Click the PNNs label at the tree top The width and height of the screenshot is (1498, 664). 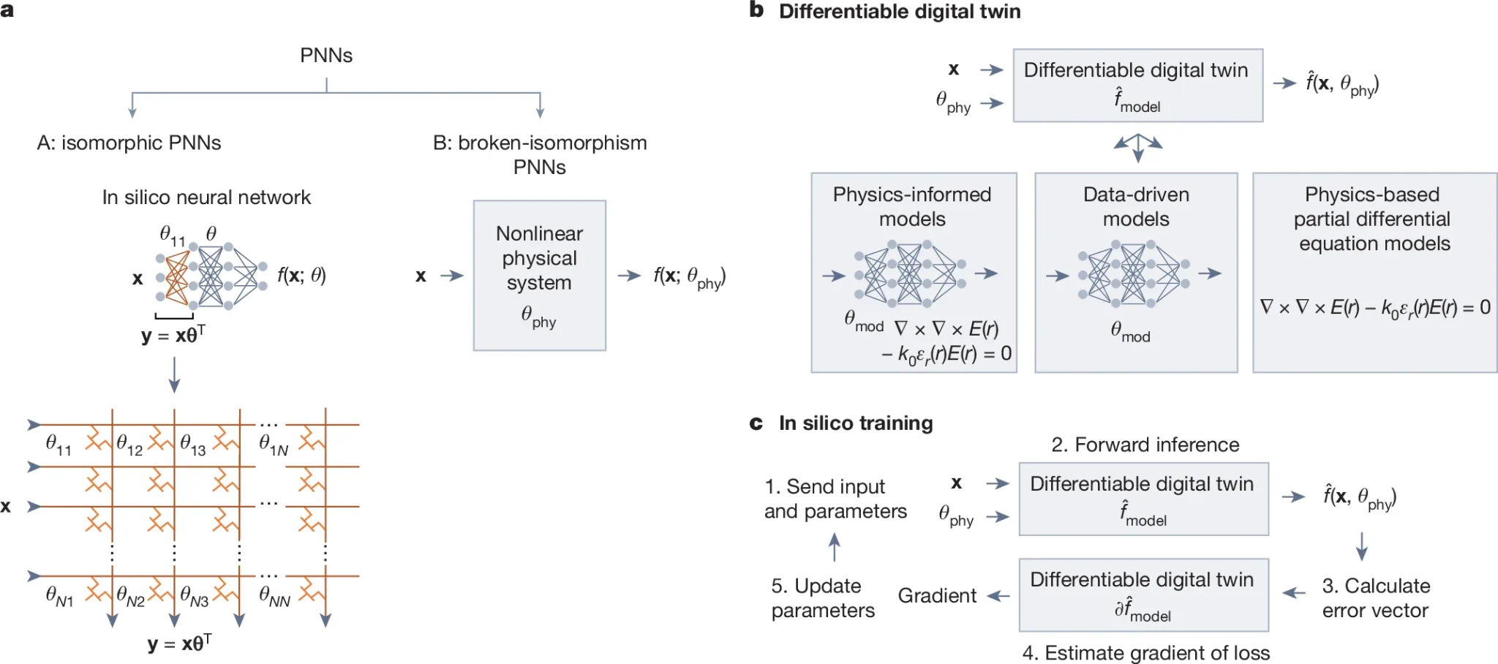pyautogui.click(x=326, y=56)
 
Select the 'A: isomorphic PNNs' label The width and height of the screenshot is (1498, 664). pyautogui.click(x=129, y=143)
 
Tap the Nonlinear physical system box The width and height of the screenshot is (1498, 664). pyautogui.click(x=539, y=275)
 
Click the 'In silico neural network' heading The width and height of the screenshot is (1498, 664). pyautogui.click(x=206, y=197)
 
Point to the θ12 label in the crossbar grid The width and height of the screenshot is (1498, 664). pyautogui.click(x=129, y=445)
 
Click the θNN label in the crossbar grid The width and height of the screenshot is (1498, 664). pyautogui.click(x=274, y=596)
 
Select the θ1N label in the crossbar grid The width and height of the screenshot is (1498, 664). pyautogui.click(x=274, y=445)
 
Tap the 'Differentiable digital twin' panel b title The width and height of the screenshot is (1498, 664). pyautogui.click(x=900, y=12)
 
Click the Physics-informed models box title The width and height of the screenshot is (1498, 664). pyautogui.click(x=912, y=206)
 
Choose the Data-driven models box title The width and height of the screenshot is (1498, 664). pyautogui.click(x=1136, y=206)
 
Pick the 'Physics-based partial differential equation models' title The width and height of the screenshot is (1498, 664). pyautogui.click(x=1373, y=219)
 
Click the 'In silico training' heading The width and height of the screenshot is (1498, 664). pyautogui.click(x=856, y=423)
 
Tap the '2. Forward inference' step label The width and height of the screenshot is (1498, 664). pyautogui.click(x=1145, y=445)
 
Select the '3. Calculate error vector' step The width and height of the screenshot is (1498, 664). pyautogui.click(x=1376, y=597)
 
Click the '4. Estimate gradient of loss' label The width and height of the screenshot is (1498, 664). pyautogui.click(x=1146, y=652)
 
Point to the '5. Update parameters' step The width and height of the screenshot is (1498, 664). pyautogui.click(x=822, y=597)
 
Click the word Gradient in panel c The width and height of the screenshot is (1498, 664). pyautogui.click(x=937, y=596)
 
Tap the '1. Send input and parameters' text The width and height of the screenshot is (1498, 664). pyautogui.click(x=835, y=499)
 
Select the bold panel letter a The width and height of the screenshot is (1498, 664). pyautogui.click(x=7, y=10)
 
